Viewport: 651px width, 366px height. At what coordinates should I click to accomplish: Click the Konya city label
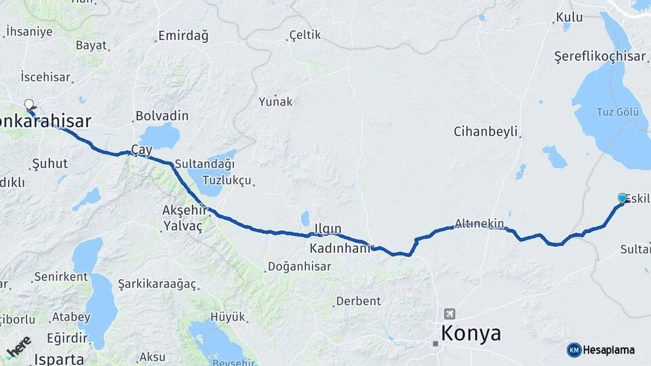coord(471,333)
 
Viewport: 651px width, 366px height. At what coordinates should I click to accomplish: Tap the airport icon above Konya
coord(449,314)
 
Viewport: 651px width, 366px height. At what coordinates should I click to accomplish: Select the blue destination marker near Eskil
coord(623,198)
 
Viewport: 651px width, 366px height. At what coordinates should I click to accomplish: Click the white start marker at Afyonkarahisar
coord(29,104)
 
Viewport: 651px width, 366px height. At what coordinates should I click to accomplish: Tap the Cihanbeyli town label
coord(486,131)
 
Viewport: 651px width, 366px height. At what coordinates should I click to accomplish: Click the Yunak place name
coord(275,102)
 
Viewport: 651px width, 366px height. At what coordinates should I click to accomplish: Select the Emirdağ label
coord(183,36)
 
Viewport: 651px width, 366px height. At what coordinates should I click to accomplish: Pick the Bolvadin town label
coord(162,116)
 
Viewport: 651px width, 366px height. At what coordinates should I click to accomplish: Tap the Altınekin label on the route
coord(479,223)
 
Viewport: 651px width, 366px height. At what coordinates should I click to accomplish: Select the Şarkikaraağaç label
coord(157,283)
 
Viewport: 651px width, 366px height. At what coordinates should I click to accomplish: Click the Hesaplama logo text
coord(609,350)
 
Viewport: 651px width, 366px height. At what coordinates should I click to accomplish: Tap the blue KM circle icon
coord(574,350)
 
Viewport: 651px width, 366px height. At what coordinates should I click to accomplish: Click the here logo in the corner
coord(18,346)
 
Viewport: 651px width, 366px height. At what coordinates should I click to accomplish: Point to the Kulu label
coord(569,17)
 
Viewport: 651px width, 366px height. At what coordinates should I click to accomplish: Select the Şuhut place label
coord(50,164)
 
